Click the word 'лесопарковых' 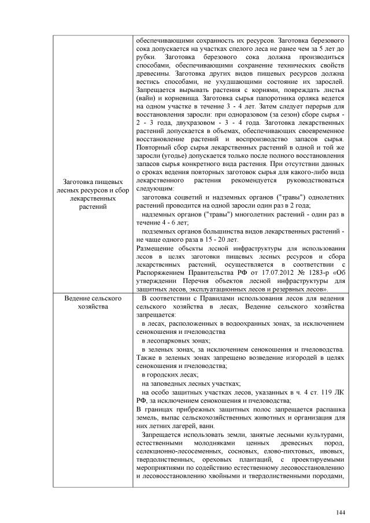(x=171, y=341)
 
